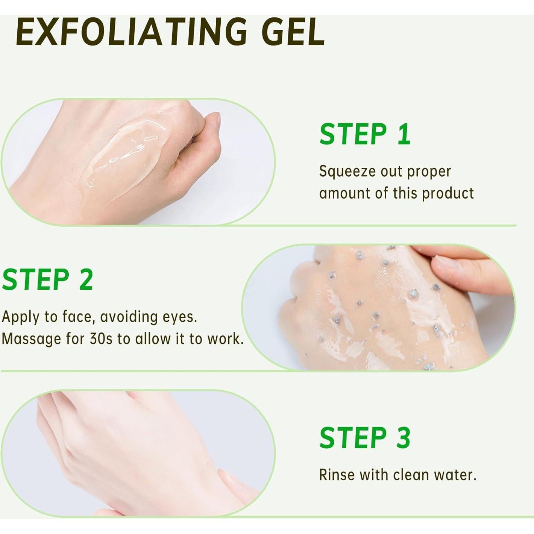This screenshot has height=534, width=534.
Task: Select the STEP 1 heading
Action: coord(364,134)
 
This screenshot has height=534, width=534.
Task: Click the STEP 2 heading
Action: coord(48,280)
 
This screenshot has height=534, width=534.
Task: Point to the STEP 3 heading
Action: coord(364,438)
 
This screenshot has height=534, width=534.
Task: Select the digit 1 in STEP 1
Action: coord(404,134)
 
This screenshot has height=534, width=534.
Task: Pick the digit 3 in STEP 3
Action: coord(403,438)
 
